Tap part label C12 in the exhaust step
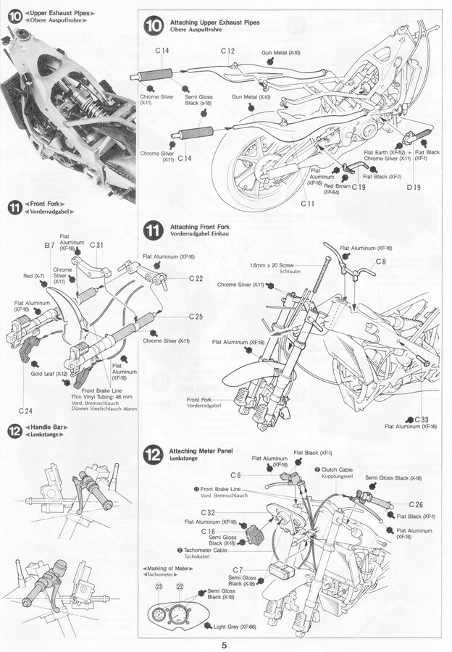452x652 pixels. [227, 51]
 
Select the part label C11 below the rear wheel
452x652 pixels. [308, 204]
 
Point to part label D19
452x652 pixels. [414, 188]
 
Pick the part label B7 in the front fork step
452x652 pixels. [50, 246]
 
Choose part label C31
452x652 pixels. [97, 246]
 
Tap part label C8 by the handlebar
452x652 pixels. [381, 261]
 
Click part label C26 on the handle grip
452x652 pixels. [415, 504]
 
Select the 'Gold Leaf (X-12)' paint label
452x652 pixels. [49, 374]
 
